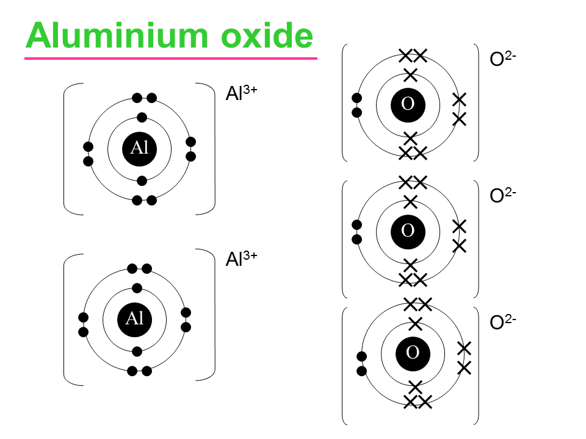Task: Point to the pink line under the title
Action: [171, 59]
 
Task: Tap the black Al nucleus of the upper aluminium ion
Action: [140, 149]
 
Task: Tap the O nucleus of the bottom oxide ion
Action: [413, 352]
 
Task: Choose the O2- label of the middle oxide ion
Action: [504, 195]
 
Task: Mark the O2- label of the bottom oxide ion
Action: [504, 323]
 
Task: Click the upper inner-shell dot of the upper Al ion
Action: [142, 117]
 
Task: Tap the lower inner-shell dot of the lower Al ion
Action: [137, 351]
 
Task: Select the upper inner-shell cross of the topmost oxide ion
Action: [410, 76]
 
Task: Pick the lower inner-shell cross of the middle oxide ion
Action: [410, 265]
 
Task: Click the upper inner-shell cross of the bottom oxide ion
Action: [415, 323]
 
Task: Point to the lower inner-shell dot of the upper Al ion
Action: [142, 180]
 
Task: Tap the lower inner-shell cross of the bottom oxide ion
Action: [415, 387]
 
